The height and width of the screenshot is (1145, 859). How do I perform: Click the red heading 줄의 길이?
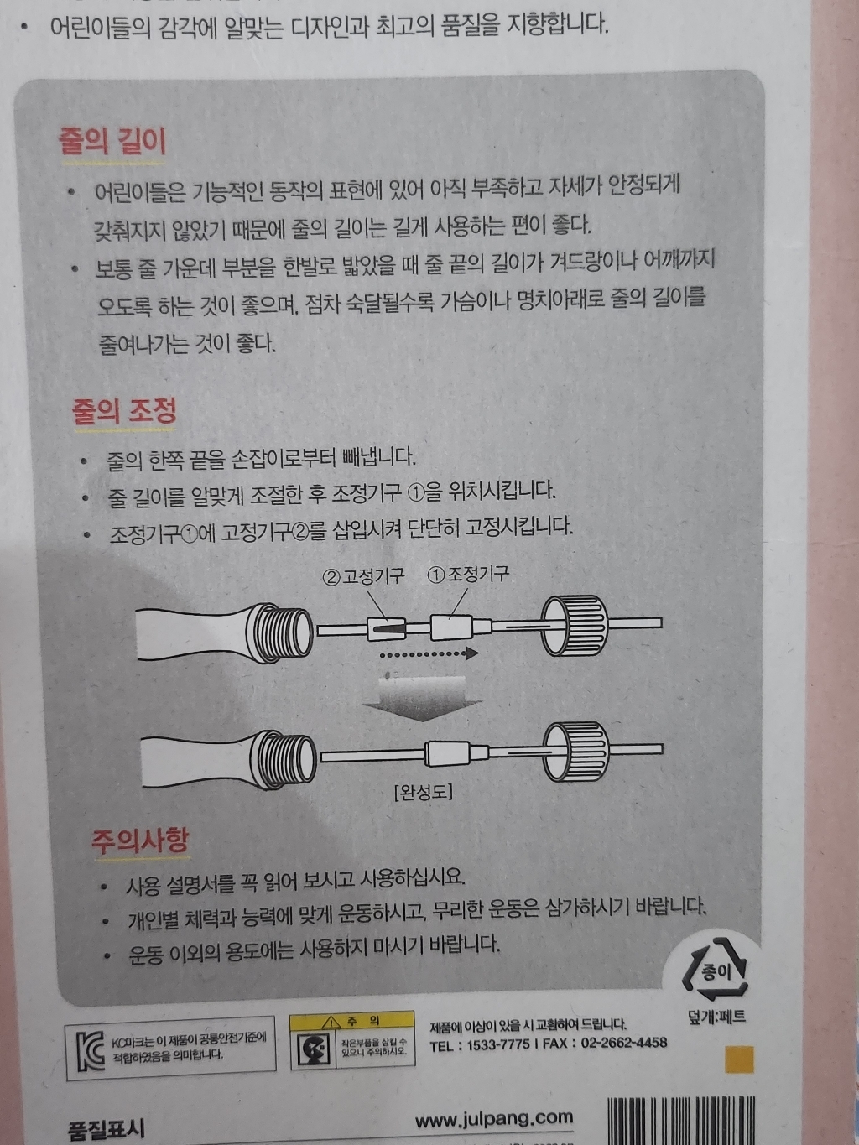click(x=112, y=140)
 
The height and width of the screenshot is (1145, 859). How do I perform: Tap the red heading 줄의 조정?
click(x=124, y=411)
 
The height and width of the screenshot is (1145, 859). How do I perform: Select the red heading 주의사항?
click(x=140, y=841)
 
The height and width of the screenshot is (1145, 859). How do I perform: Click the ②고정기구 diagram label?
click(x=363, y=576)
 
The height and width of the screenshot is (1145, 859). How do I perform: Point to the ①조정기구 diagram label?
click(x=468, y=575)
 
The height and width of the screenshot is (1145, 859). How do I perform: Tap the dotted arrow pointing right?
click(x=428, y=653)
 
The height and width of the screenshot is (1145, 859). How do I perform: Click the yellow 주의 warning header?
click(x=352, y=1021)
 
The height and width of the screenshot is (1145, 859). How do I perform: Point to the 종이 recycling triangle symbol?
click(x=716, y=973)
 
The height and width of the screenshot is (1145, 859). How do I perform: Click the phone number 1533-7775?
click(x=498, y=1044)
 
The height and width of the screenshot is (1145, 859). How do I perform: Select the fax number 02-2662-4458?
click(x=622, y=1043)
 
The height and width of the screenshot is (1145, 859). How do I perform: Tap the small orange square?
click(x=739, y=1059)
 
